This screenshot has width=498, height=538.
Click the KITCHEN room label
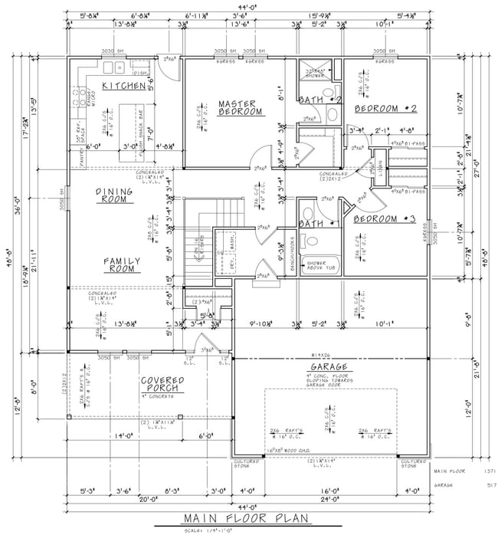tap(123, 86)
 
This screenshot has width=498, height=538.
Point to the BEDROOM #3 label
tap(384, 219)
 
